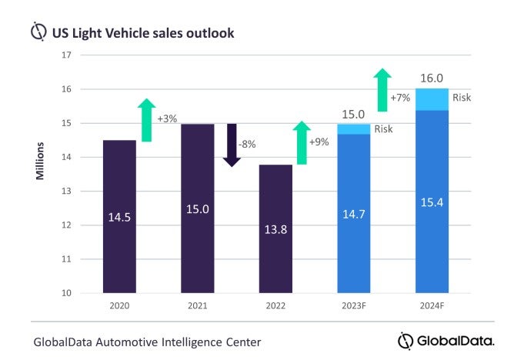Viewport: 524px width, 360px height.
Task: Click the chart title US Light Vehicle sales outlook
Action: (142, 33)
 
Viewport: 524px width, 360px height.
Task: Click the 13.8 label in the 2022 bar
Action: (275, 251)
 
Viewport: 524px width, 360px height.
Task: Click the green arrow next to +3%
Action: (147, 120)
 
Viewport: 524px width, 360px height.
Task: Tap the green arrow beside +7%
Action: (382, 89)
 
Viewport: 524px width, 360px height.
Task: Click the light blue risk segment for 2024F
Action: (432, 99)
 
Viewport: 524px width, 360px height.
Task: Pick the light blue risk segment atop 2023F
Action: (354, 129)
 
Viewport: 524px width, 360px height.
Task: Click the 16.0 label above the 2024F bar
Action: (432, 78)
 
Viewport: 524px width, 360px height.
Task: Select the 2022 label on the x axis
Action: (275, 306)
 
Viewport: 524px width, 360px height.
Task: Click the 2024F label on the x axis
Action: (432, 306)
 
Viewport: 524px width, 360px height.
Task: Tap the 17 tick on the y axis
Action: (66, 55)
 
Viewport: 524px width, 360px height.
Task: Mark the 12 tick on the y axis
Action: (66, 225)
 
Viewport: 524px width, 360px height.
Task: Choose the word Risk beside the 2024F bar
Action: (462, 98)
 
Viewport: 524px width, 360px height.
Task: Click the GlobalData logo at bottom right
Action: (446, 339)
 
